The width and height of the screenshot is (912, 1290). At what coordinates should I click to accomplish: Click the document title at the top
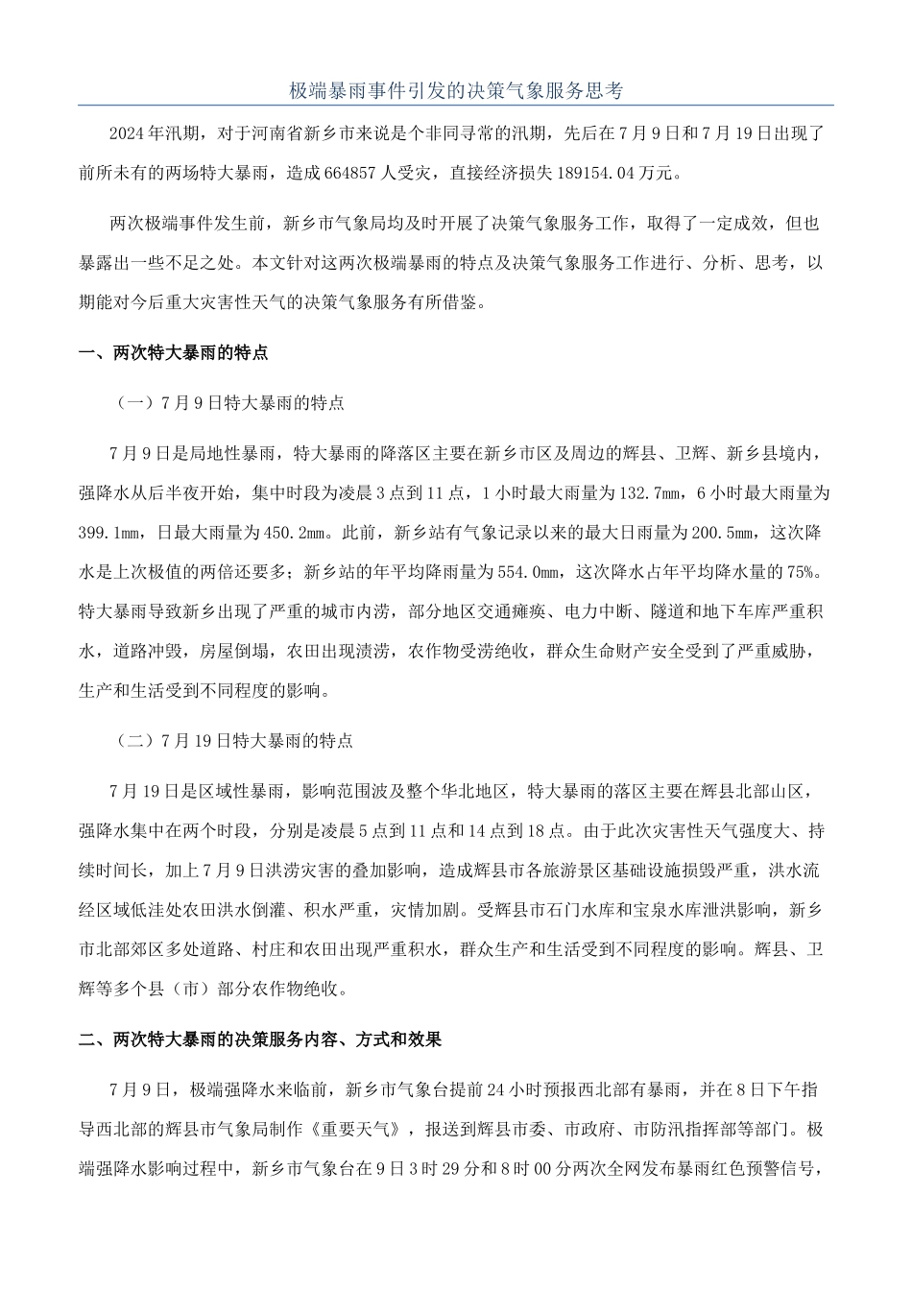pyautogui.click(x=456, y=91)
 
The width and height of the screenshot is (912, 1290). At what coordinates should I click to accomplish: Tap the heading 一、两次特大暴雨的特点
pyautogui.click(x=173, y=353)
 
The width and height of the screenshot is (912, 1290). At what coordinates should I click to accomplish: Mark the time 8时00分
pyautogui.click(x=560, y=1169)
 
